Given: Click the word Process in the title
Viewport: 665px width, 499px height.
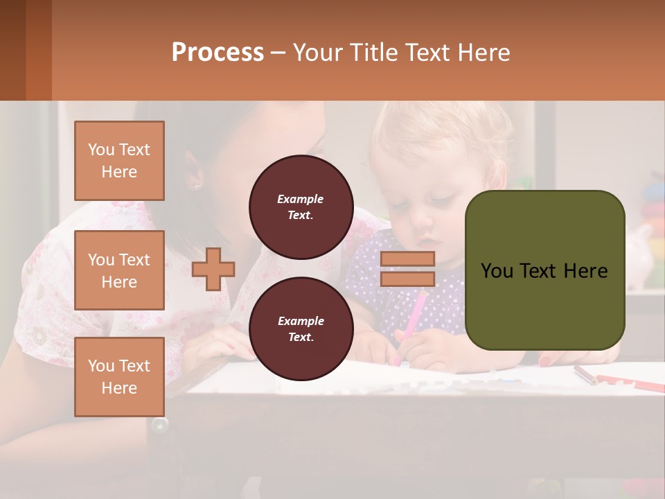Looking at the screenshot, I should (218, 52).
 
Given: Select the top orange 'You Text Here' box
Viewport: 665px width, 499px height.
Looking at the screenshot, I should (119, 161).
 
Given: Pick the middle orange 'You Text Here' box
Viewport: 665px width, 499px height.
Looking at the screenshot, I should (119, 270).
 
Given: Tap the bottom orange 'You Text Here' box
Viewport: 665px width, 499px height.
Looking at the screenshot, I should (119, 376).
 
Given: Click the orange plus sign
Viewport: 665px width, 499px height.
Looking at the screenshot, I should (213, 269).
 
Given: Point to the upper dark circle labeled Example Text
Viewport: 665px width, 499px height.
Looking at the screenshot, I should (301, 207).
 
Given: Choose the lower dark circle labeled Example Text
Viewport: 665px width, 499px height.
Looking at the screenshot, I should (301, 329).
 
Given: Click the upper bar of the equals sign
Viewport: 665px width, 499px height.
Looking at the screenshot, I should (407, 259).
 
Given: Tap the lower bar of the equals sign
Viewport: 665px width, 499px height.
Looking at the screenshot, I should (407, 279).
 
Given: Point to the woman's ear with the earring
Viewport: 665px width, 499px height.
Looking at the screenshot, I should (194, 182).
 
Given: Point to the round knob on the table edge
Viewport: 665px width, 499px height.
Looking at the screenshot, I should (160, 425).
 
